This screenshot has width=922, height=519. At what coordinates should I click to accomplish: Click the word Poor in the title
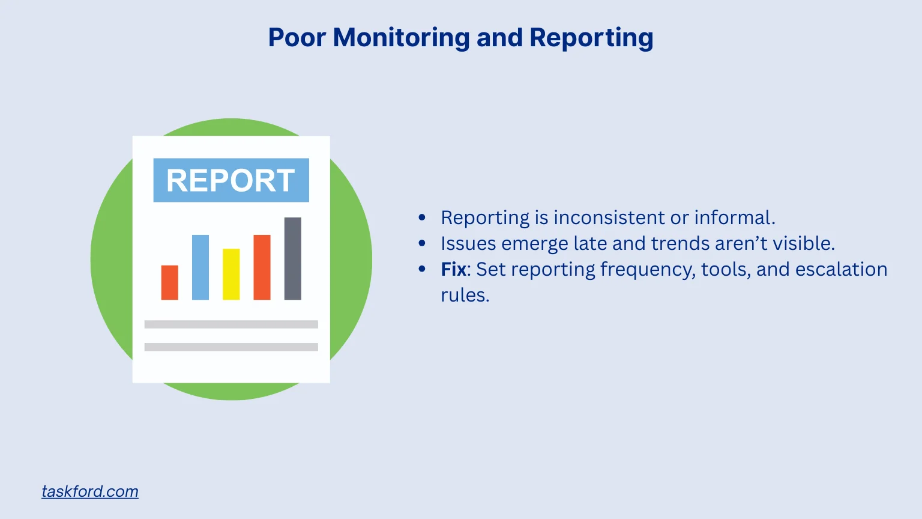297,37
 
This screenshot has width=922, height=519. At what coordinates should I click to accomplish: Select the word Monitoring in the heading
401,37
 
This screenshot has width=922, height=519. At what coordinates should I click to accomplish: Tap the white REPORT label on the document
231,180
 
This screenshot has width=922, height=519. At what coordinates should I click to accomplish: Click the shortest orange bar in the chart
170,282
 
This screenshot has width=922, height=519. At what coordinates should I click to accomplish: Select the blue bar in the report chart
200,267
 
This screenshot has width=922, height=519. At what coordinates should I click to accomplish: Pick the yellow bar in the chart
231,275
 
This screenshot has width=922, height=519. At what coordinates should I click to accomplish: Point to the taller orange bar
262,267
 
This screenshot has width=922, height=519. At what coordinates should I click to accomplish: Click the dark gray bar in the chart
293,258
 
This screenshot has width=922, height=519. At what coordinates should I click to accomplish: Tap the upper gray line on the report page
231,324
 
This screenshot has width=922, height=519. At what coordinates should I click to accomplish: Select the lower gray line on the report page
231,347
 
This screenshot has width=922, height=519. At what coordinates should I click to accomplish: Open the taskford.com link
90,491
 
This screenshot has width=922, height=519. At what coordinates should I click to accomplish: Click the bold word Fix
453,269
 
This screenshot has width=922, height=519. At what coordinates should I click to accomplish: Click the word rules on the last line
465,295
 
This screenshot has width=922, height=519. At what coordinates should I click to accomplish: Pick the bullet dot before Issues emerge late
422,243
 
